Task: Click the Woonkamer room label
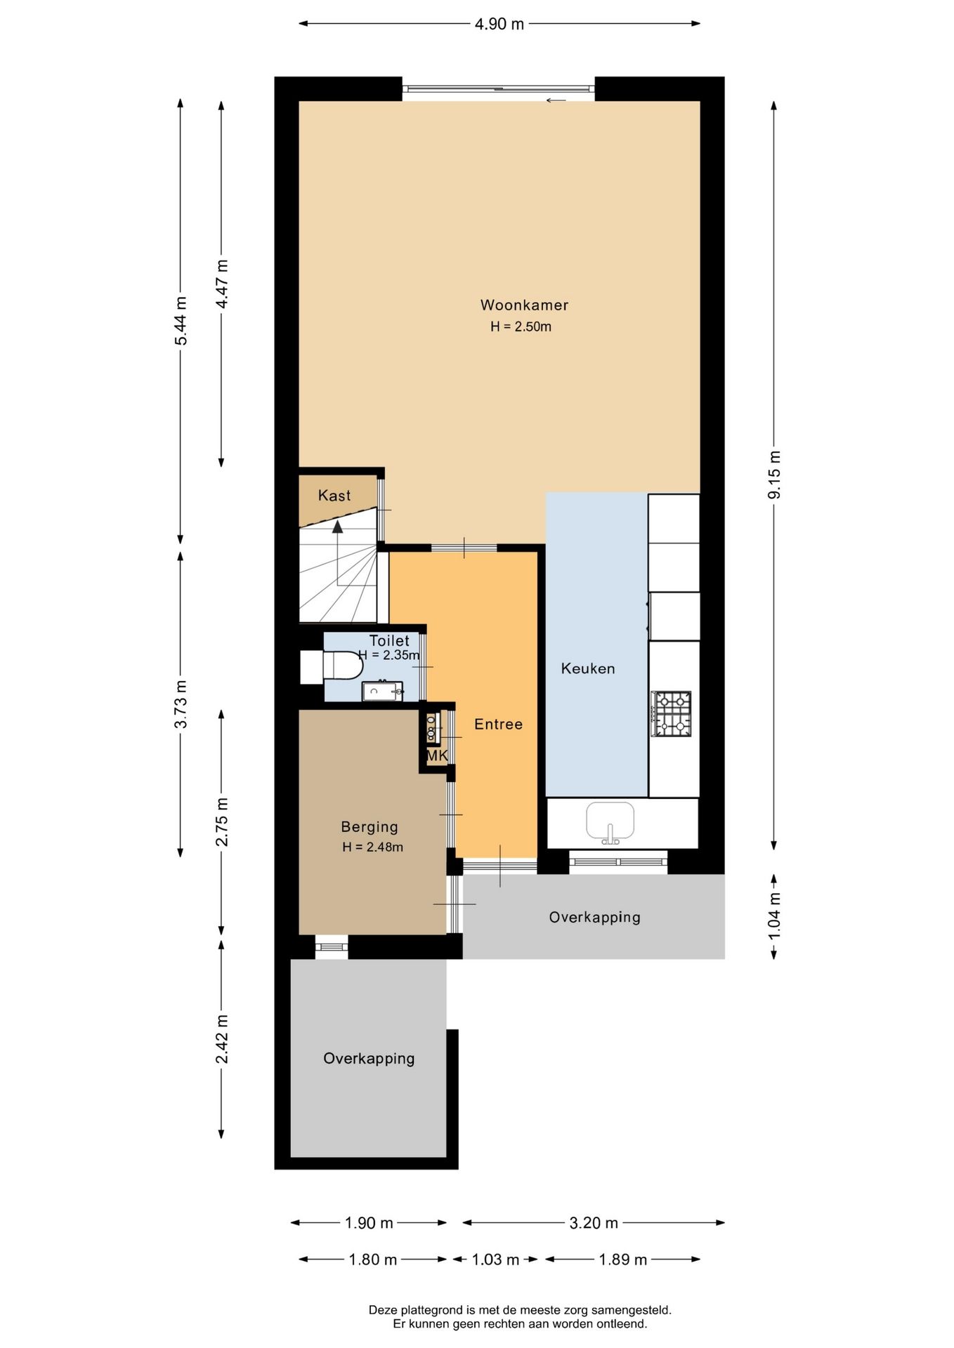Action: [x=524, y=305]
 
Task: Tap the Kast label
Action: [x=334, y=496]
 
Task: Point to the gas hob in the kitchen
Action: [x=672, y=713]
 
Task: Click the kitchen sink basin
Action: [x=610, y=821]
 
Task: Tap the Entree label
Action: [x=498, y=724]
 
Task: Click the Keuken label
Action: [x=588, y=668]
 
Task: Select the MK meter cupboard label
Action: [x=437, y=756]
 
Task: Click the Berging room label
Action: [x=370, y=827]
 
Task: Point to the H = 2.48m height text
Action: [x=372, y=847]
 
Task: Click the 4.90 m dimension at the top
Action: [x=499, y=24]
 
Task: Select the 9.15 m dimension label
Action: [x=774, y=475]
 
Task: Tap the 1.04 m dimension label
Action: [x=774, y=917]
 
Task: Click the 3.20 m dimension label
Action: [x=594, y=1223]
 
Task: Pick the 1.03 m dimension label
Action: [x=495, y=1260]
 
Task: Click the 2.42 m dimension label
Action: [x=222, y=1039]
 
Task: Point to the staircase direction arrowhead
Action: [x=338, y=527]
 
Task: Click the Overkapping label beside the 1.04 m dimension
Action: [x=594, y=917]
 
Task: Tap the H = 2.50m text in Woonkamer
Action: [x=521, y=326]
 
